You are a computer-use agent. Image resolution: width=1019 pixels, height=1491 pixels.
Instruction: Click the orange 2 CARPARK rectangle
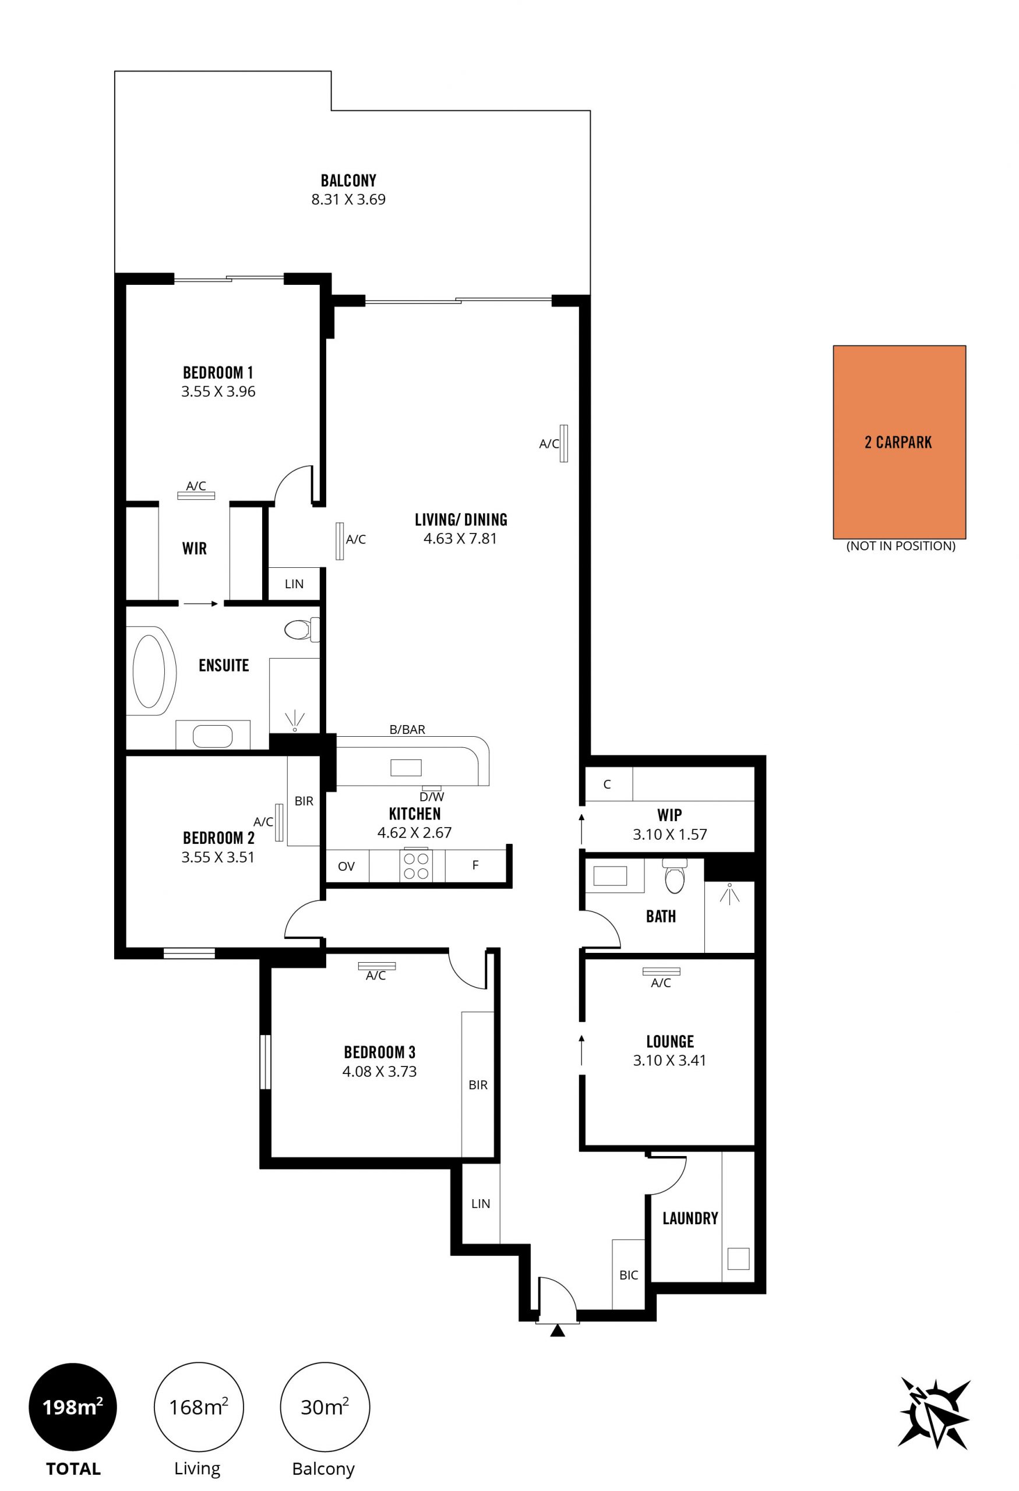pos(899,442)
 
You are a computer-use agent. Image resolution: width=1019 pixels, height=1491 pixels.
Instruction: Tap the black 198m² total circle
pos(72,1407)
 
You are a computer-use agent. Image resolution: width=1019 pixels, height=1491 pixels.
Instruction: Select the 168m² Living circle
pos(198,1407)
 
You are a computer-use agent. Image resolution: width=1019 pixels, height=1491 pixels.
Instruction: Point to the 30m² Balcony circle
pos(325,1407)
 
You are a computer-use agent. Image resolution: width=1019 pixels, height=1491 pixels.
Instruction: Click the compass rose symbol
pos(935,1412)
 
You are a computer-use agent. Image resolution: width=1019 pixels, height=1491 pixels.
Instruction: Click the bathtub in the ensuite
pos(151,671)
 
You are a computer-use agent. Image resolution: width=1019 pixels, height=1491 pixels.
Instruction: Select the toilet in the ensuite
pos(301,630)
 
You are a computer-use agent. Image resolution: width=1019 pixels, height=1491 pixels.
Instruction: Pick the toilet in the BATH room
pos(675,876)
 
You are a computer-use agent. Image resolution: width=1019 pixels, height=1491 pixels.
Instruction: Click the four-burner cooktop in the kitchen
pos(416,865)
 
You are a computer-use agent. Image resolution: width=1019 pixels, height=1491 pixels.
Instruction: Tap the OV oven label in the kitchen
pos(346,866)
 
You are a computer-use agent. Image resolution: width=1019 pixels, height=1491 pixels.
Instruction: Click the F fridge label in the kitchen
pos(475,865)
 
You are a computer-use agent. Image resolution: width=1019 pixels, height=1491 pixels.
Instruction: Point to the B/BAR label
pos(407,729)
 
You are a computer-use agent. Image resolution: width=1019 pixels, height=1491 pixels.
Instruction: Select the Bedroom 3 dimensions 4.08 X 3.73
pos(379,1072)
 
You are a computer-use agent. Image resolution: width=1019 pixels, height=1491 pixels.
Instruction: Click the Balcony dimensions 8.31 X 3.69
pos(348,200)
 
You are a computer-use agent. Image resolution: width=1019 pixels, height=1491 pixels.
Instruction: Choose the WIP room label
pos(669,815)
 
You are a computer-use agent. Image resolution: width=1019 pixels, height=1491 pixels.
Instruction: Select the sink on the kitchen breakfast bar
pos(406,767)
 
